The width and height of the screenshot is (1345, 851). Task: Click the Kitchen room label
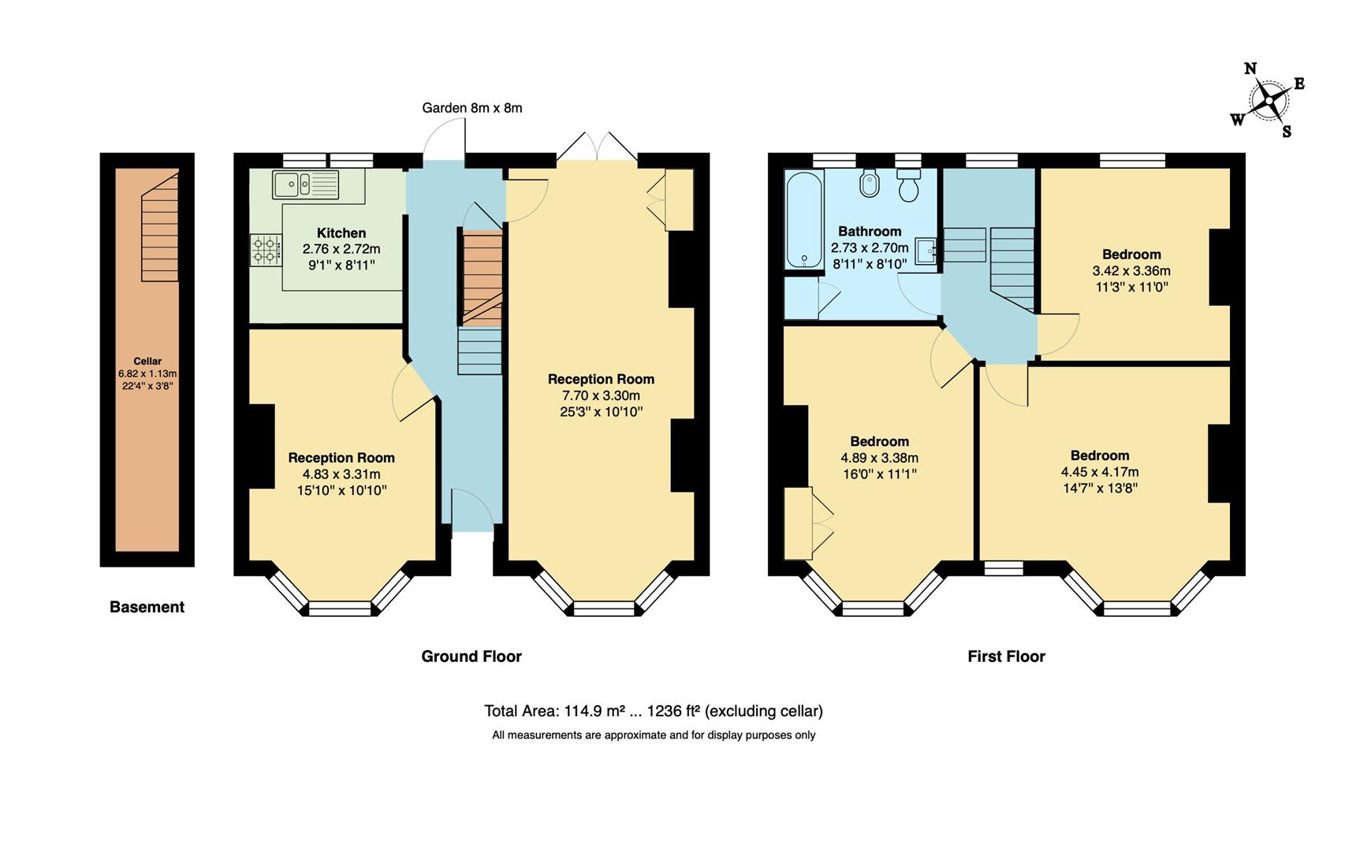point(341,233)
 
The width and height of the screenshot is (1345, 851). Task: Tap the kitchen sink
point(305,185)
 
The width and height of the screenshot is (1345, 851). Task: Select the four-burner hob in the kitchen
point(266,250)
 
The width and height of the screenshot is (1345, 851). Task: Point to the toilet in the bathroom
point(909,186)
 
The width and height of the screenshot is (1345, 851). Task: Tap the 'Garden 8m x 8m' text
point(471,108)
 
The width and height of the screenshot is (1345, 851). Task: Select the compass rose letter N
point(1250,69)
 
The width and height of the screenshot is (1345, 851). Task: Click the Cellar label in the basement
point(147,362)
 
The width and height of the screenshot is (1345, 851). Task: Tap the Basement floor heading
point(147,607)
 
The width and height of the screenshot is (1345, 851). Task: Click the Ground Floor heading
point(471,656)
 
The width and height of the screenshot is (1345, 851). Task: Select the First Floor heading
point(1006,656)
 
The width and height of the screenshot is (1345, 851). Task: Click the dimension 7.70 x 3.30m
point(601,396)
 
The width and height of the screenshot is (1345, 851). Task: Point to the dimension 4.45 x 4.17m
point(1099,472)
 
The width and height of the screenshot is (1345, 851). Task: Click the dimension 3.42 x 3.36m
point(1131,271)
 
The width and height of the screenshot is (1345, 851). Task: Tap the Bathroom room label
point(869,232)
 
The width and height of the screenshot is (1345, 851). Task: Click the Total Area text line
point(653,712)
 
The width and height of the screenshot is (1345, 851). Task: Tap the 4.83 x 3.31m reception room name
point(341,458)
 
